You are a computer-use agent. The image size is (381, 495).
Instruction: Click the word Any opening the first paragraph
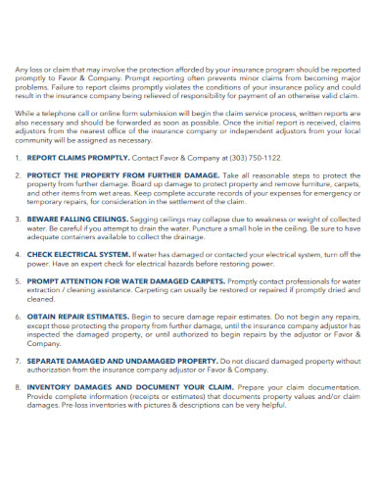[22, 70]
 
